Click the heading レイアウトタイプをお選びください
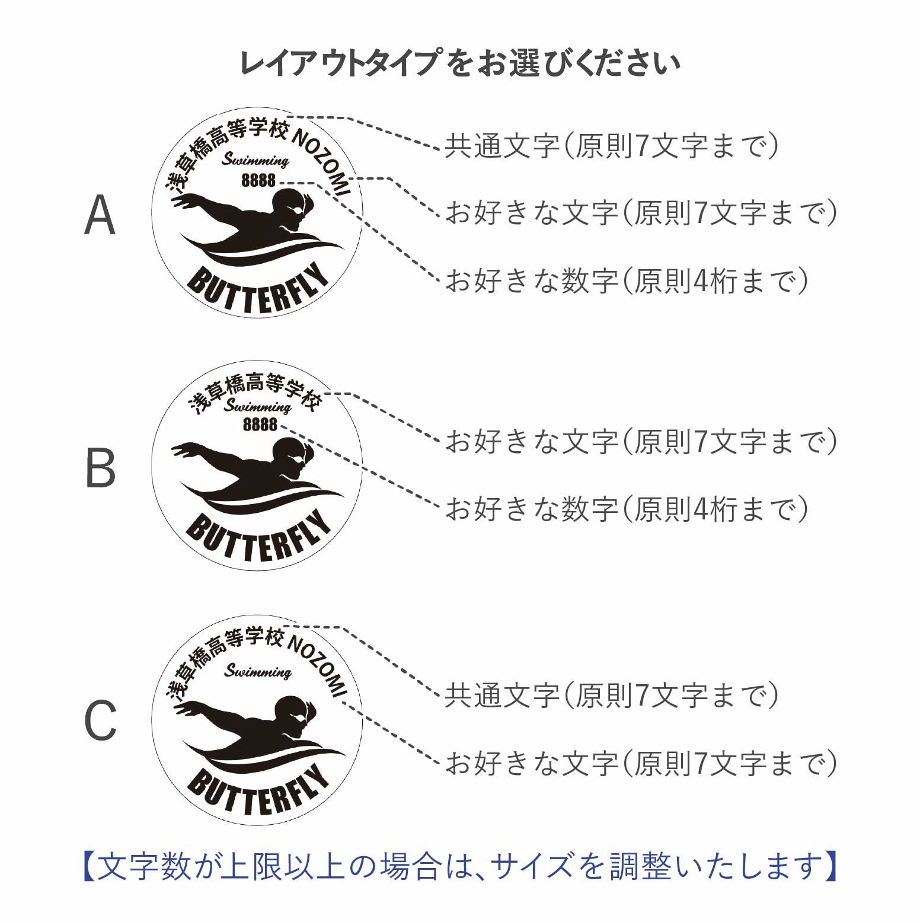click(459, 63)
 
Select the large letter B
click(100, 468)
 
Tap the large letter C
click(100, 720)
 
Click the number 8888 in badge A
click(258, 180)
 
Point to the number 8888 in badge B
click(260, 425)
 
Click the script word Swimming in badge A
click(255, 160)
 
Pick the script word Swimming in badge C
click(258, 671)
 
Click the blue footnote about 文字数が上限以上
click(459, 866)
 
